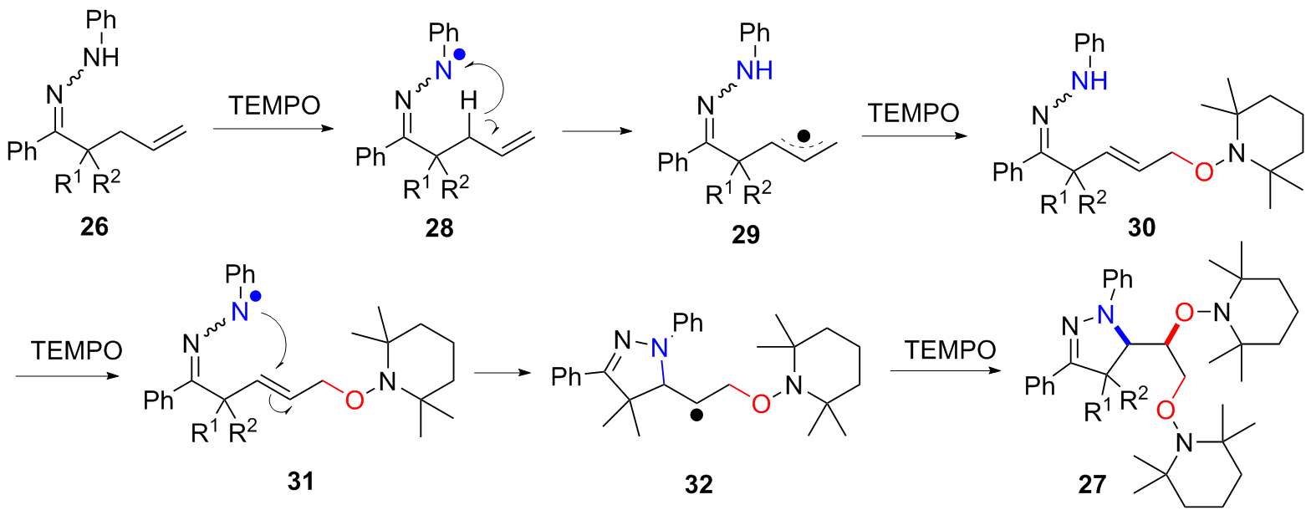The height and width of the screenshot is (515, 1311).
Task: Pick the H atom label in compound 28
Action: (x=445, y=102)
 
